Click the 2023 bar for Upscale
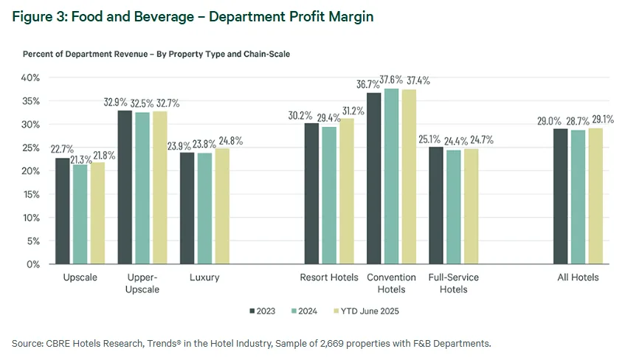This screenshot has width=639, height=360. [63, 211]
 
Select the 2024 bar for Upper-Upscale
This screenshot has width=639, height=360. [142, 188]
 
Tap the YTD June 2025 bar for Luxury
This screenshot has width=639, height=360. [222, 206]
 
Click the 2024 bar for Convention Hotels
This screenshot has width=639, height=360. [392, 176]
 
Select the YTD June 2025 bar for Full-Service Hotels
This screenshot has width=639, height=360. [472, 207]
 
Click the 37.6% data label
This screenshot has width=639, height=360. [392, 80]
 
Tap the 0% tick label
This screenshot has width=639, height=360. [32, 264]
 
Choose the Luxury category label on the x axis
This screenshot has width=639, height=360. [204, 278]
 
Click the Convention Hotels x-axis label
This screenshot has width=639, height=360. [392, 283]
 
